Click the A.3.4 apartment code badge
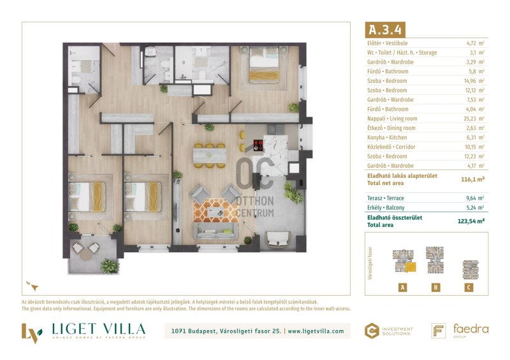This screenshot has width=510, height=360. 385,29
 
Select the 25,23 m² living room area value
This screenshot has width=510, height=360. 474,119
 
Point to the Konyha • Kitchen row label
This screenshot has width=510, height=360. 387,138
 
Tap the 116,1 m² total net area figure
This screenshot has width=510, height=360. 473,179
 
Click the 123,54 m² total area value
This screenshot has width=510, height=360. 471,221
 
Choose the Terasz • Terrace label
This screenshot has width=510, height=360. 386,198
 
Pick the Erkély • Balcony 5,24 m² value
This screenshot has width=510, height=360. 475,208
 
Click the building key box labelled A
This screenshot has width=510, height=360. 403,287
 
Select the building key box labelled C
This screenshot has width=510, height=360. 469,287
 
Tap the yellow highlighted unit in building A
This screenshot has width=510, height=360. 411,268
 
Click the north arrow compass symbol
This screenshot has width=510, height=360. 33,286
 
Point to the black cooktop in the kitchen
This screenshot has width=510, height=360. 258,145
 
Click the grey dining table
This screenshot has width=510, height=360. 210,155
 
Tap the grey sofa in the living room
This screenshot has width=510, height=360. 216,231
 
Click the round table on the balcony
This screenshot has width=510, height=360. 86,254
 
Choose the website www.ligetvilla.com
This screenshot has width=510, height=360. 316,331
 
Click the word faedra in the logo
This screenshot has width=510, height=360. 470,329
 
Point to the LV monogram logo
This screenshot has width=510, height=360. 31,333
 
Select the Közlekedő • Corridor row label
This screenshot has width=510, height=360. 391,147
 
